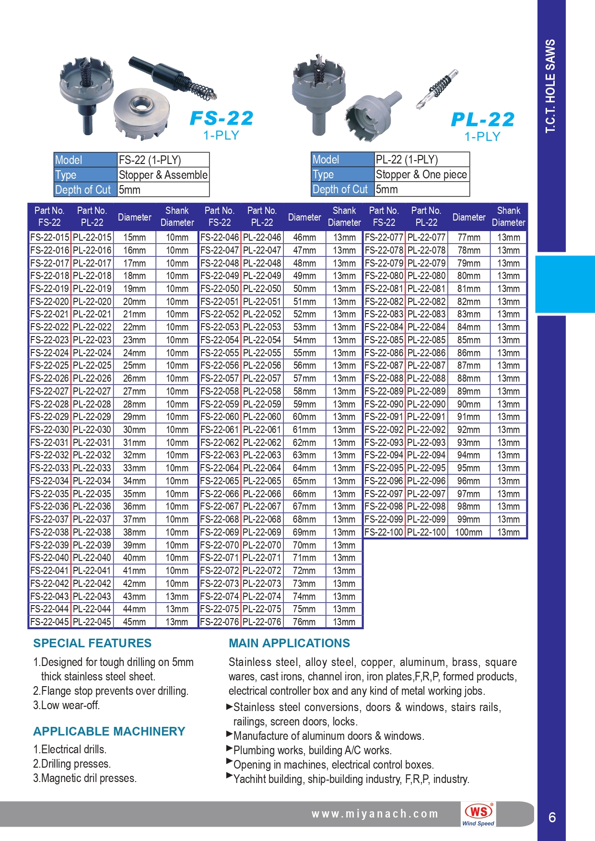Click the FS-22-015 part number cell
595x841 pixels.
tap(50, 237)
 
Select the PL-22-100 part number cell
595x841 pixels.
tap(426, 532)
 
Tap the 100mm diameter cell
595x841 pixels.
tap(468, 532)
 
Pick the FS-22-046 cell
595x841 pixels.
tap(220, 237)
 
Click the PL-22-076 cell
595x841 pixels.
tap(262, 622)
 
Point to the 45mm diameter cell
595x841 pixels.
tap(134, 622)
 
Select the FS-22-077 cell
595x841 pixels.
tap(384, 237)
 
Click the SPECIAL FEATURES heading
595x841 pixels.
tap(92, 643)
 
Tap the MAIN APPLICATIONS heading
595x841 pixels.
tap(289, 643)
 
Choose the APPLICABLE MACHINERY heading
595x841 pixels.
tap(109, 731)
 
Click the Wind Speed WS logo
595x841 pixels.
tap(478, 814)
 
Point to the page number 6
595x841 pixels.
tap(552, 817)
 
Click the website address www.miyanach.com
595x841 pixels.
tap(375, 814)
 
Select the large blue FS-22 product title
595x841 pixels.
tap(222, 118)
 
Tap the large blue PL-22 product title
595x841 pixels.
tap(482, 119)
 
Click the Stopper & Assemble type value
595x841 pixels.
tap(163, 175)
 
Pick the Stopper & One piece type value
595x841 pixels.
tap(421, 175)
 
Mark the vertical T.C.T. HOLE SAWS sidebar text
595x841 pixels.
tap(550, 86)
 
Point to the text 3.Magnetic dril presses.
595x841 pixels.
tap(85, 778)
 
